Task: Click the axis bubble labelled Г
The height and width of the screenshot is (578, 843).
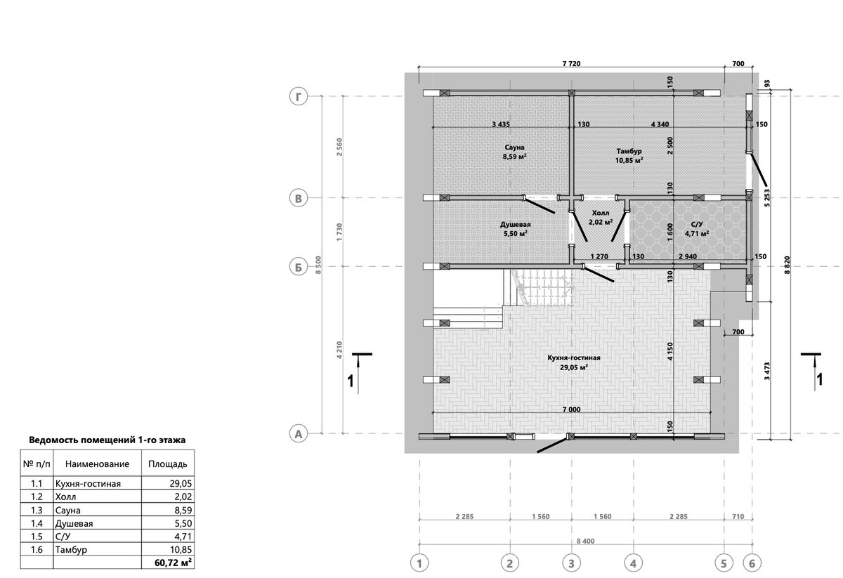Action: click(299, 96)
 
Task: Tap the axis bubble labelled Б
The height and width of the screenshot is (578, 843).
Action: click(299, 266)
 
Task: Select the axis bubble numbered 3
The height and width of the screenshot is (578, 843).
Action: click(571, 563)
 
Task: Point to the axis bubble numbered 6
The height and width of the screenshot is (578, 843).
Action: click(752, 563)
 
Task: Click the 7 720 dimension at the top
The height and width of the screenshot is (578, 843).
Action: click(571, 64)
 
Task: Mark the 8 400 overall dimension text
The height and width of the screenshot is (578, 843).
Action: click(586, 541)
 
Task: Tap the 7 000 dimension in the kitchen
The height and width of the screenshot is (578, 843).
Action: click(571, 409)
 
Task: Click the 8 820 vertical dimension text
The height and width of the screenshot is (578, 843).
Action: click(788, 265)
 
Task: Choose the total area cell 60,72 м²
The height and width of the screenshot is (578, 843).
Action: click(173, 563)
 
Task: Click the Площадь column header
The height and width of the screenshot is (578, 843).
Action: click(167, 464)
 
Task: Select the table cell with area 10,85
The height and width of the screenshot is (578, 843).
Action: click(181, 549)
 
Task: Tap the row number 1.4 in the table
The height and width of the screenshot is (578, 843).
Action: click(37, 523)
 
